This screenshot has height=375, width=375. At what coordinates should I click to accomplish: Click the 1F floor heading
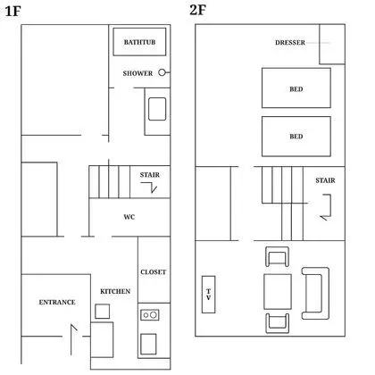(x=12, y=12)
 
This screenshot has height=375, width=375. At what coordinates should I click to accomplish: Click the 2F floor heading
(x=197, y=10)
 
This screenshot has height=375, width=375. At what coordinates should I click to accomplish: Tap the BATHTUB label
(x=139, y=42)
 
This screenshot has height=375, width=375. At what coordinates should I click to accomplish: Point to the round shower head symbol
(x=162, y=72)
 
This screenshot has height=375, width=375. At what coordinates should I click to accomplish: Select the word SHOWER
(x=137, y=73)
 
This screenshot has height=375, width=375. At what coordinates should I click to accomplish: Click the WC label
(x=129, y=217)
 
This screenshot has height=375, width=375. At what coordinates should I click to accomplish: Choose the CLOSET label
(x=154, y=272)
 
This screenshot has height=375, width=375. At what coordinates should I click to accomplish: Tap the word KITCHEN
(x=115, y=291)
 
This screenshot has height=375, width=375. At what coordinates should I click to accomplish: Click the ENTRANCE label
(x=57, y=302)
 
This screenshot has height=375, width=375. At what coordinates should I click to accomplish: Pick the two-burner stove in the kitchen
(x=150, y=315)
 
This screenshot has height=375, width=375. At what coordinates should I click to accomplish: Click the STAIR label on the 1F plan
(x=150, y=175)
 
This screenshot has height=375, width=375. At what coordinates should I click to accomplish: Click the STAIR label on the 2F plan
(x=325, y=180)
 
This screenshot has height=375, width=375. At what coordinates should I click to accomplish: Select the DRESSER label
(x=290, y=43)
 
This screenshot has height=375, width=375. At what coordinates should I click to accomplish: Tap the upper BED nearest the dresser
(x=296, y=88)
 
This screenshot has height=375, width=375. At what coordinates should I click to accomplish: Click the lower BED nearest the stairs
(x=296, y=137)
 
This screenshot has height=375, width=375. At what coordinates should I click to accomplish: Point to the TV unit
(x=208, y=295)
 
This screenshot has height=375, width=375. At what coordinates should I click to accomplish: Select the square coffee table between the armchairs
(x=278, y=292)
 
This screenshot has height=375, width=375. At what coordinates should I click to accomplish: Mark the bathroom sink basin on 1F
(x=157, y=109)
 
